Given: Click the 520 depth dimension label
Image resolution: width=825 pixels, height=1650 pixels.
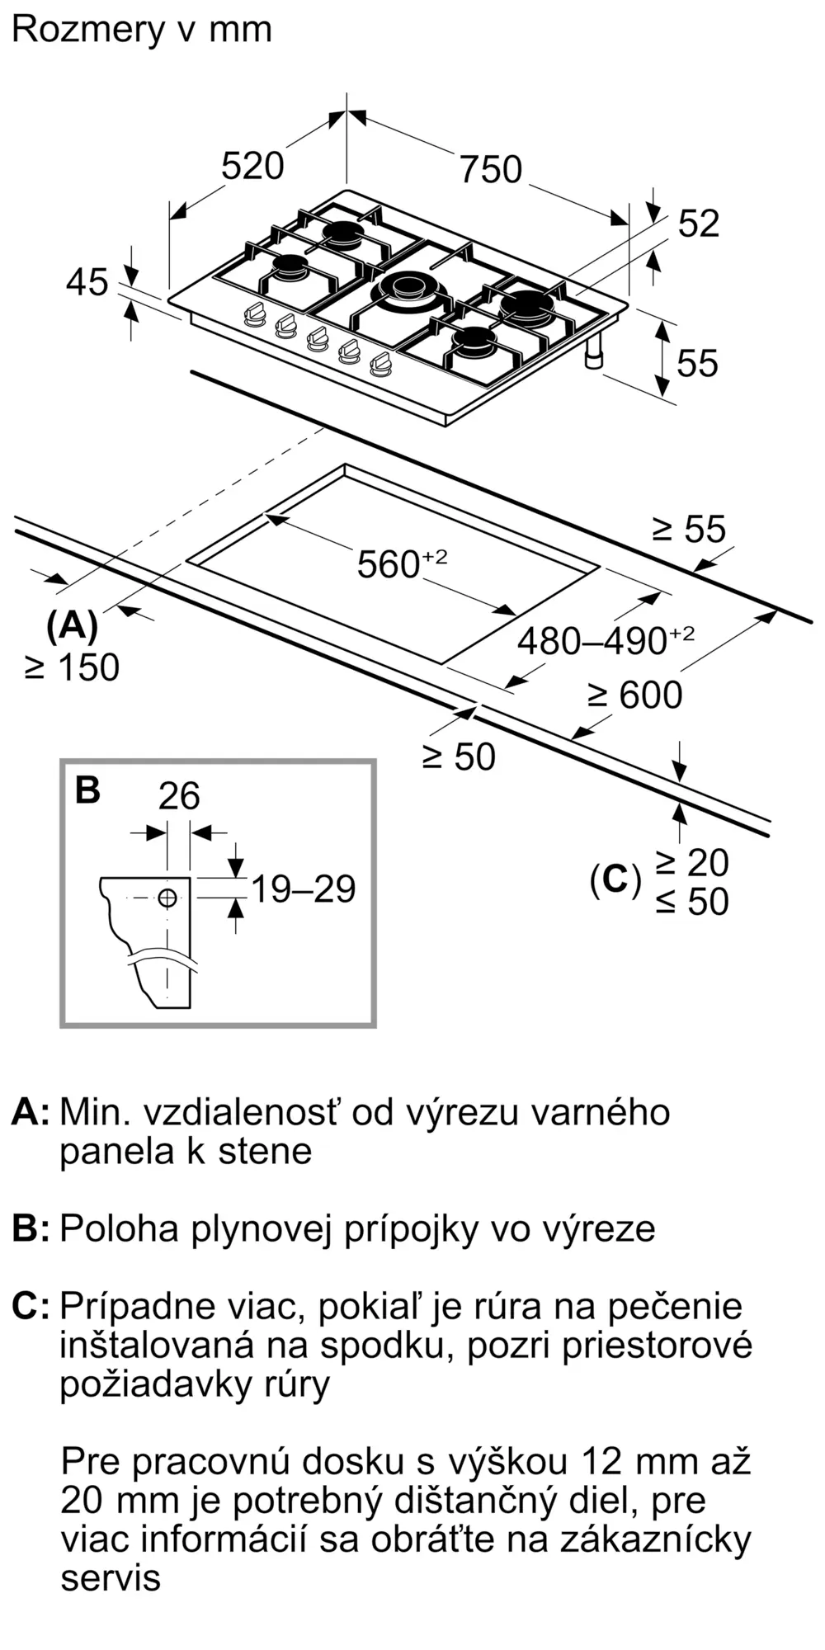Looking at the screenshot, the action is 252,167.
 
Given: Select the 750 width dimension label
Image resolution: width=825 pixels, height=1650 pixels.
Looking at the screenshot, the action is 491,170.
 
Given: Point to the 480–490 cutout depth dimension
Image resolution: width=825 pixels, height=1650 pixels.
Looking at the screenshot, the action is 606,639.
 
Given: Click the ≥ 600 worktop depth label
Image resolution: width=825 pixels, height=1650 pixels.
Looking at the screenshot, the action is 634,695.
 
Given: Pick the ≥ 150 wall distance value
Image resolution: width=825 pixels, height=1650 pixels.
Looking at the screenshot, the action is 72,667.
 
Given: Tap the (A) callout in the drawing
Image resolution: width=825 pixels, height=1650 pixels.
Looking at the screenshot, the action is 73,626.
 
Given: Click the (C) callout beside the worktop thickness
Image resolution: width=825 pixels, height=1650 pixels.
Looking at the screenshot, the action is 615,880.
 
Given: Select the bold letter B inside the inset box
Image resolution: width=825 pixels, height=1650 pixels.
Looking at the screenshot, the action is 87,790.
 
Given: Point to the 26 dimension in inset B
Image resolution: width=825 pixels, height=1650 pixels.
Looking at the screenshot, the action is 179,796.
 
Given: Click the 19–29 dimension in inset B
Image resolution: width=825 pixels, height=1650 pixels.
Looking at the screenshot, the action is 303,889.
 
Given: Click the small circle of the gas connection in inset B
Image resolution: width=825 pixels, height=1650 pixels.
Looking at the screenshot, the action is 167,898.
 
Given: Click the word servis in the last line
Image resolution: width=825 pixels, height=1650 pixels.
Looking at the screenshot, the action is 110,1577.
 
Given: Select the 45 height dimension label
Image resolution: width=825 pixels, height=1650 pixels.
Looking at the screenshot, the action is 87,282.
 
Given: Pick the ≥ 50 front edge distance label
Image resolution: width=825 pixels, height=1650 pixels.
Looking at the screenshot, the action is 459,757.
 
